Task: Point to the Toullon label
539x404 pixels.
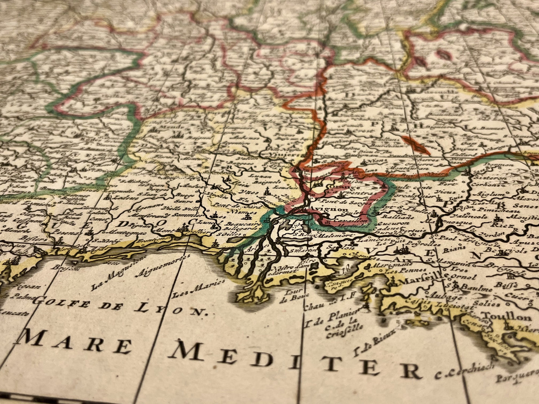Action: pos(507,317)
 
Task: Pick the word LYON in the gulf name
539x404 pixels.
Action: pos(172,308)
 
